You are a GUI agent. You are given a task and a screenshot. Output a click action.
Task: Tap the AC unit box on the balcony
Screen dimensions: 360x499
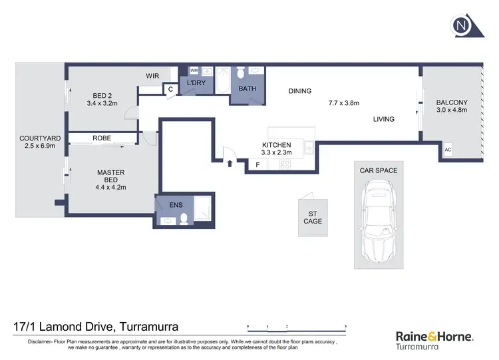click(x=447, y=150)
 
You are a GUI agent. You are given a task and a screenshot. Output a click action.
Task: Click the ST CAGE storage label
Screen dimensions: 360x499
click(x=313, y=217)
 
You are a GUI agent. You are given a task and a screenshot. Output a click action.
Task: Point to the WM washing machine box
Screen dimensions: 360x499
click(x=194, y=71)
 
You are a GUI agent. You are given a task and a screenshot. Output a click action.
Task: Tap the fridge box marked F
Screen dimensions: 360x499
click(x=257, y=164)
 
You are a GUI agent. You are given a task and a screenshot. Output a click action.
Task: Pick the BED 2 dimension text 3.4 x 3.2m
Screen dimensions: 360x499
click(x=102, y=104)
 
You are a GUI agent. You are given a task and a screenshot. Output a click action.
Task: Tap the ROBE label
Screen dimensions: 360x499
click(x=102, y=138)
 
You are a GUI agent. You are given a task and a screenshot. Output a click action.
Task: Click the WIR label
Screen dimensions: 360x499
click(x=153, y=76)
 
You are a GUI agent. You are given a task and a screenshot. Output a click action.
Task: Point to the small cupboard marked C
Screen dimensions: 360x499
click(x=170, y=89)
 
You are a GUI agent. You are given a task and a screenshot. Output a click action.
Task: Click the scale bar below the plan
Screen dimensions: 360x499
click(x=297, y=327)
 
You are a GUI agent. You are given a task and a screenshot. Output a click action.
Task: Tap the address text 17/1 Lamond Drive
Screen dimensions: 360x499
click(x=96, y=327)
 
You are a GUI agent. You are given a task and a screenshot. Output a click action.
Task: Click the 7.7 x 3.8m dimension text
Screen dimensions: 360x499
click(x=343, y=103)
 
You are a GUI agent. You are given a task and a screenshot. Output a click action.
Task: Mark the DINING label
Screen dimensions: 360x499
click(x=299, y=91)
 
